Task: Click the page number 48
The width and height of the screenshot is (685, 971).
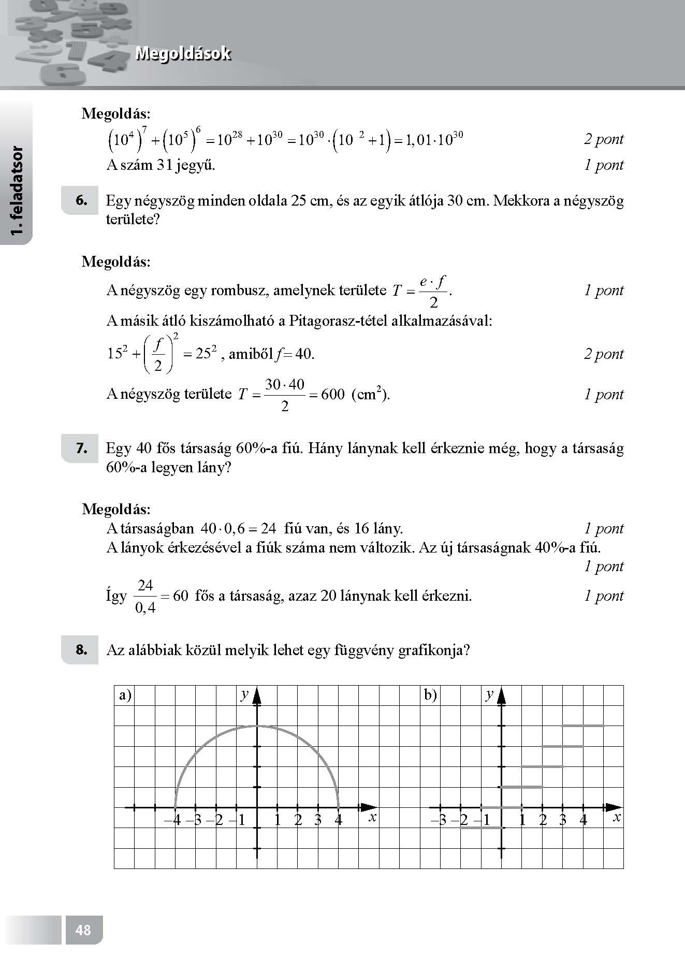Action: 83,930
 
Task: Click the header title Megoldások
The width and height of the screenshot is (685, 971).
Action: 183,54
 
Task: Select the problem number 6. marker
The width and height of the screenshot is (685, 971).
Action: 81,201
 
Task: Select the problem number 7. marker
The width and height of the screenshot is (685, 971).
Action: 81,448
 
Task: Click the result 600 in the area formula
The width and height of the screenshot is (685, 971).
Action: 332,395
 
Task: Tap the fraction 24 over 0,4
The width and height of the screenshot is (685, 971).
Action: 145,596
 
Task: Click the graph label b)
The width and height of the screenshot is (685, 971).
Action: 431,695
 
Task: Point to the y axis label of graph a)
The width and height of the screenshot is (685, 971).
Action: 244,694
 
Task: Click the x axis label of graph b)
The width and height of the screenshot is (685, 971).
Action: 616,817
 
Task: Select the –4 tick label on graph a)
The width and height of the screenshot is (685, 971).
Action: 172,820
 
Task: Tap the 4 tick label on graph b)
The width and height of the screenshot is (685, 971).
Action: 584,820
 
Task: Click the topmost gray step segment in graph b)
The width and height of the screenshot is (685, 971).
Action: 583,726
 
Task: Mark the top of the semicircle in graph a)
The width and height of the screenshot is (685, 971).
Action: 257,726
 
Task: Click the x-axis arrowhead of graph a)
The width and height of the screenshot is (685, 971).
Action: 369,807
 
